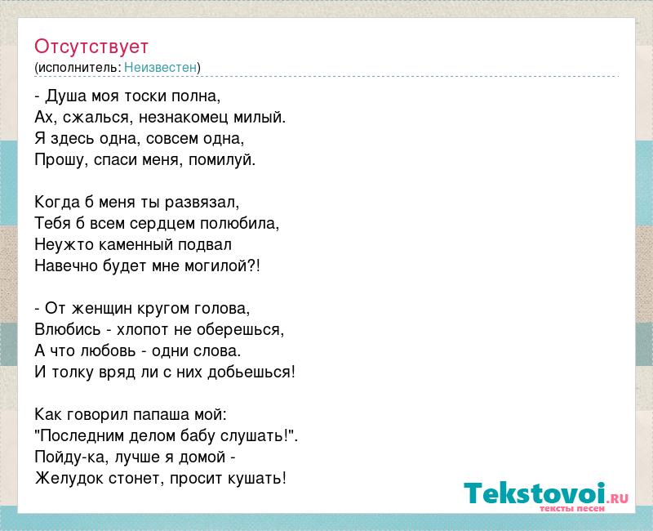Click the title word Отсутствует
click(x=91, y=47)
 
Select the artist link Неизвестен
click(x=160, y=67)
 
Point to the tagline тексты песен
click(x=572, y=508)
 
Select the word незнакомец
click(x=183, y=118)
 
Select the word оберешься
click(x=238, y=330)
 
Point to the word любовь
click(x=109, y=351)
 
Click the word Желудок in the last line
click(x=69, y=479)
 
